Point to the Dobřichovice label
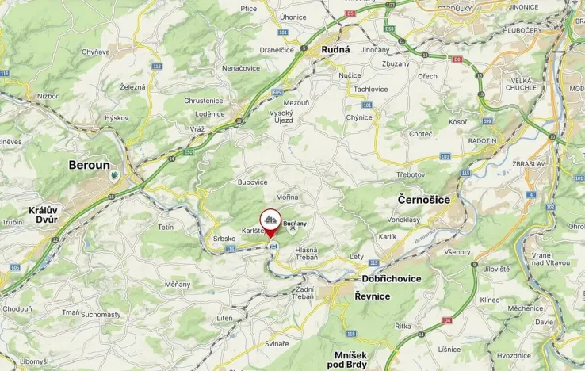tap(391, 279)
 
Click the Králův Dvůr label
tap(42, 215)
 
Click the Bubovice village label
tap(253, 182)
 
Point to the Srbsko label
tap(224, 238)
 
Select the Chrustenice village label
tap(204, 101)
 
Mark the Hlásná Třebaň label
tap(306, 254)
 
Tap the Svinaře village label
tap(277, 342)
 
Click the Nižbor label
tap(48, 95)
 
